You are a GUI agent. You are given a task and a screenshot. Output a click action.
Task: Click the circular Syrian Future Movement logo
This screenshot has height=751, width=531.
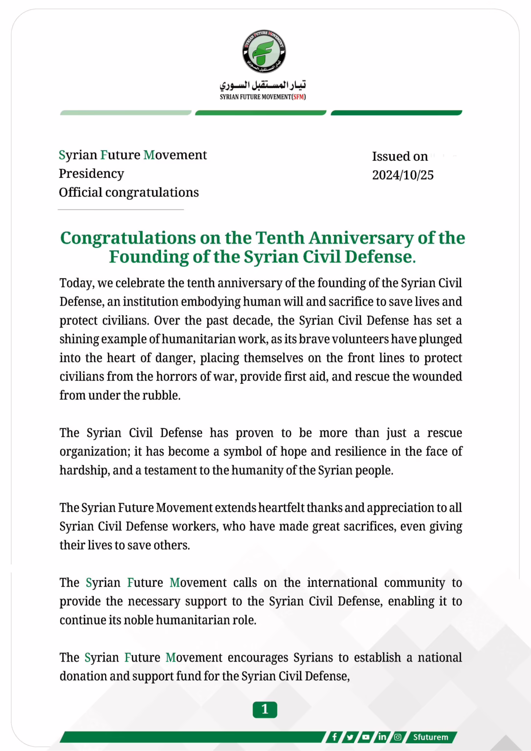(x=264, y=51)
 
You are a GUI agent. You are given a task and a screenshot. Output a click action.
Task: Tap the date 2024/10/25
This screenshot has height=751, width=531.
(x=403, y=175)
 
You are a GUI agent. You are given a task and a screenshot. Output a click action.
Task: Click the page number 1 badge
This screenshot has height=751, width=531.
(x=265, y=709)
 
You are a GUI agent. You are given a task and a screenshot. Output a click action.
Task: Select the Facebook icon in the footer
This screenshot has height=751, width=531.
(x=334, y=737)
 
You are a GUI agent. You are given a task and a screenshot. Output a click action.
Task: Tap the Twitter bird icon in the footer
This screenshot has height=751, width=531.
(x=350, y=737)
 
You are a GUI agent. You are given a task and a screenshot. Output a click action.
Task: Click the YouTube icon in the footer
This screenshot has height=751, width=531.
(x=366, y=737)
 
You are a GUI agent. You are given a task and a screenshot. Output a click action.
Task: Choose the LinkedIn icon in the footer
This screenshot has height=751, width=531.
(x=382, y=737)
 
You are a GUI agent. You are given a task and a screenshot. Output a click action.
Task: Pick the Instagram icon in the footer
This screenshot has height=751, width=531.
(x=398, y=737)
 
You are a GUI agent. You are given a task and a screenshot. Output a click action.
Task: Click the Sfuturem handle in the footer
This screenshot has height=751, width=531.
(x=430, y=737)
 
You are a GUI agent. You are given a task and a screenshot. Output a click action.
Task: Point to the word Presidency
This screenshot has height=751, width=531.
(x=91, y=174)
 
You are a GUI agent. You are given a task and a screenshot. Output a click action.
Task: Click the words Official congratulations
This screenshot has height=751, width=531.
(x=129, y=192)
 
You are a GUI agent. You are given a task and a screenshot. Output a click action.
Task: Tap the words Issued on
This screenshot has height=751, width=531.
(x=400, y=156)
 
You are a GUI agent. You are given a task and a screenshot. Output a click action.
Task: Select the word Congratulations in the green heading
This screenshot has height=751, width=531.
(x=128, y=238)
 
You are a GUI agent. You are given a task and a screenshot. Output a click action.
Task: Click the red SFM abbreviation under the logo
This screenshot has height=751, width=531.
(x=299, y=97)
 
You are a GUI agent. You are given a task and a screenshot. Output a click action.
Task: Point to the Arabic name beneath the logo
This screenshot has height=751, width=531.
(x=263, y=85)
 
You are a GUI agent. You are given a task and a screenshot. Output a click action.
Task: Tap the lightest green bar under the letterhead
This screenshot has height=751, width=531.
(x=126, y=113)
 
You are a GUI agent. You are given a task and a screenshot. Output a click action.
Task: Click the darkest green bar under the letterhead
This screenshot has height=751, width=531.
(x=396, y=113)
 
